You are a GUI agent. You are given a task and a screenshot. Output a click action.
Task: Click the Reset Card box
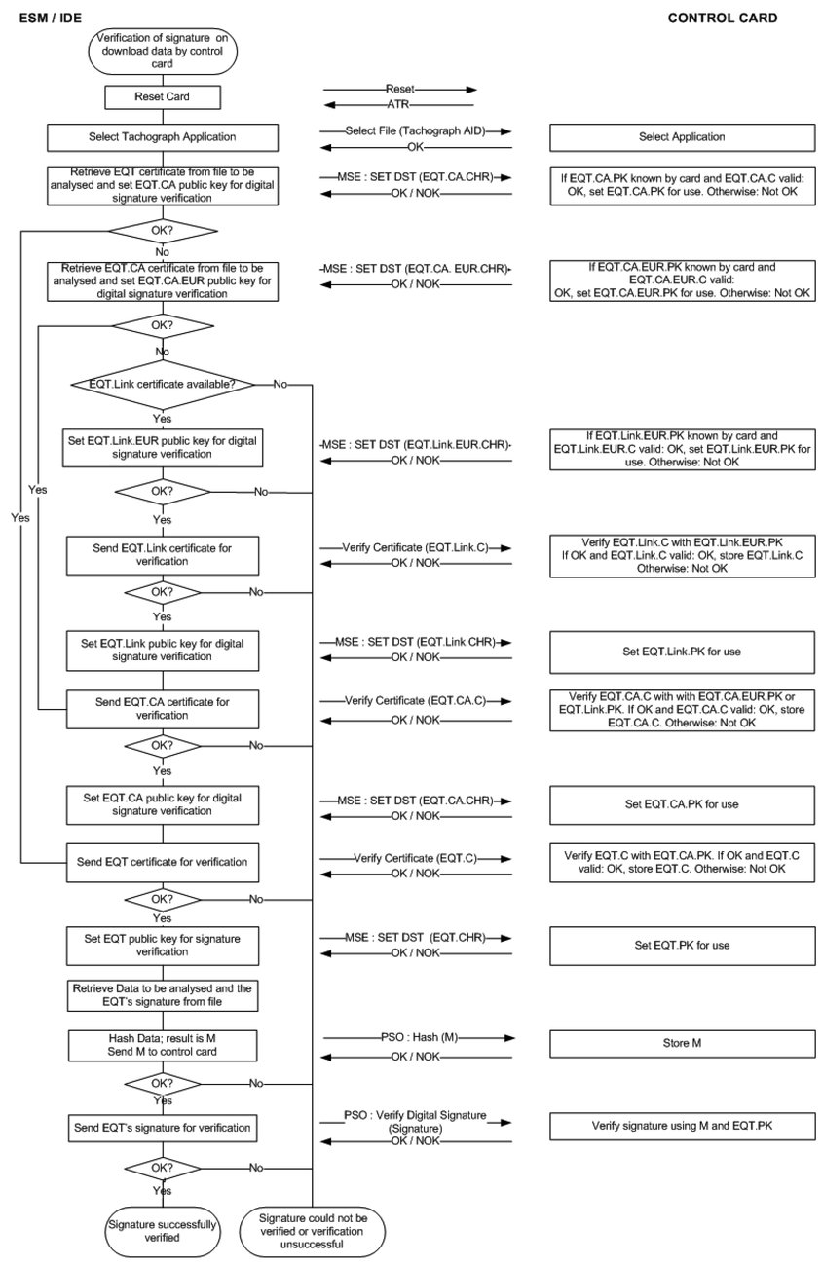coord(163,97)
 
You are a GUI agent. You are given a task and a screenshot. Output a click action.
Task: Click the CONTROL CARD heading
coord(722,18)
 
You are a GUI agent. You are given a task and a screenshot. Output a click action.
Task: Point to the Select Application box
coord(682,137)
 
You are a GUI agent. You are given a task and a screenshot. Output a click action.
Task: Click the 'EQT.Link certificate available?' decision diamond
coord(163,384)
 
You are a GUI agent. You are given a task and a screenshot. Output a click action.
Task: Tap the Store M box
coord(682,1044)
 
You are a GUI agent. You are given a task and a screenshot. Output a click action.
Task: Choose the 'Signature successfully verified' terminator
coord(163,1230)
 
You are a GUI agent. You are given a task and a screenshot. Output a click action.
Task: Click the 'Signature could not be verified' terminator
coord(313,1230)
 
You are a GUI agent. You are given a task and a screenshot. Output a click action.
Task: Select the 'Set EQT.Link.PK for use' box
coord(682,652)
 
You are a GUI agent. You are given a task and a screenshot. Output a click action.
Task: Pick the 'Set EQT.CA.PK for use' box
coord(682,804)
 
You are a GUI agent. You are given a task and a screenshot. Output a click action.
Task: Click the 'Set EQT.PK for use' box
coord(682,945)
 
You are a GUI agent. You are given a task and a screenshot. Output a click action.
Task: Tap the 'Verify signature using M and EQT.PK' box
coord(682,1126)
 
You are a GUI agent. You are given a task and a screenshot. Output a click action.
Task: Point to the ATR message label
coord(398,105)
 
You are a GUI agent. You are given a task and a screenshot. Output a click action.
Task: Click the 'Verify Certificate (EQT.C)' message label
coord(415,858)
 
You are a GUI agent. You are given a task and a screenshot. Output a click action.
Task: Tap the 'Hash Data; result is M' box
coord(163,1044)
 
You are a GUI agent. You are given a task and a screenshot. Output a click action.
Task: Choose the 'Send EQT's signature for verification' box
coord(163,1128)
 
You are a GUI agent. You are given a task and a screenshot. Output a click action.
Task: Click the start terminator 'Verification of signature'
coord(163,51)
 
